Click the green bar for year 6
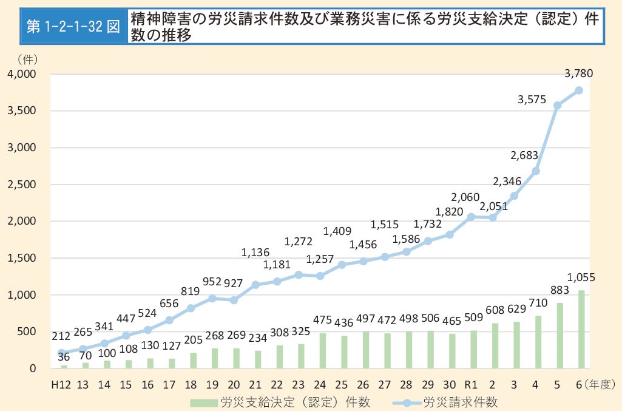[581, 329]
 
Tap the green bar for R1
[473, 349]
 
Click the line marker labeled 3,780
[579, 90]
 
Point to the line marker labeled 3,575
[557, 105]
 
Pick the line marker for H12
[61, 353]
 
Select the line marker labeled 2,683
[536, 171]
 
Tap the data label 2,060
[465, 197]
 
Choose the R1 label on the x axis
[472, 384]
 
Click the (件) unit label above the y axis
[27, 59]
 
